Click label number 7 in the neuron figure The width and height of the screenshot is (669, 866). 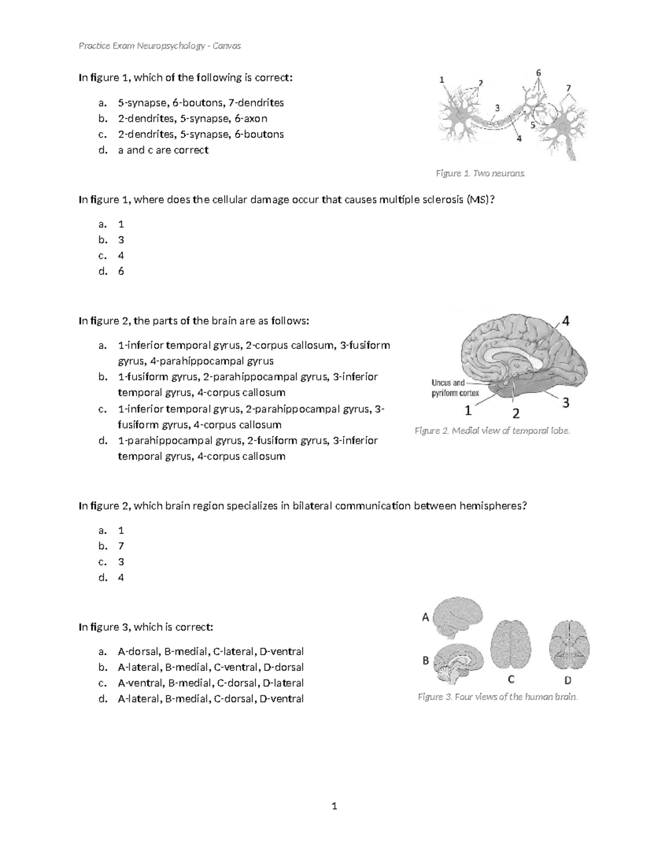click(x=568, y=88)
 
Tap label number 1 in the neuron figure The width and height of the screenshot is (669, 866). click(x=442, y=80)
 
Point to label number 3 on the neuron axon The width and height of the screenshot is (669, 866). click(x=497, y=108)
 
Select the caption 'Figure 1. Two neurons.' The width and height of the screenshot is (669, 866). click(x=481, y=173)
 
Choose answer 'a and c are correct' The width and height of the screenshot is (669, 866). click(x=163, y=150)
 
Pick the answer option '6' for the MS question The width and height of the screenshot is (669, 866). click(x=121, y=272)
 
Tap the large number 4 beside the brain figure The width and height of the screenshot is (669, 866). click(x=565, y=321)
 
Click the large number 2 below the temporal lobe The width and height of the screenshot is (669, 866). click(x=516, y=413)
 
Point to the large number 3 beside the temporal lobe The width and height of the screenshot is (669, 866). click(x=565, y=403)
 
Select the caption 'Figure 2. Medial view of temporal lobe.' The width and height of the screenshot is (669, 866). click(x=492, y=430)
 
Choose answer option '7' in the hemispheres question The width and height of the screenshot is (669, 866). click(x=121, y=546)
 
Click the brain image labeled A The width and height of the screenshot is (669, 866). click(x=458, y=617)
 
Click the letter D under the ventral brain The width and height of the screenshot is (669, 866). click(x=568, y=680)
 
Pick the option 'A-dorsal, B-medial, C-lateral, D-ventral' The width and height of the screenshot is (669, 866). click(x=211, y=652)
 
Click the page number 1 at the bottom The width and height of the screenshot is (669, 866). click(x=334, y=806)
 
